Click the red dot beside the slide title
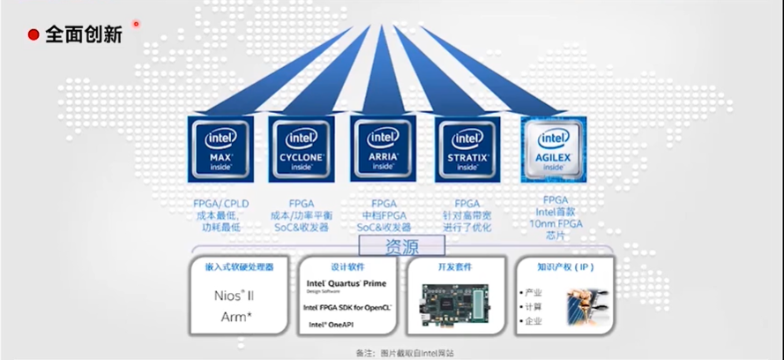tap(34, 34)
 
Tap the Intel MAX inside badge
tap(220, 147)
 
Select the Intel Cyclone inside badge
tap(302, 147)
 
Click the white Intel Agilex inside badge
tap(554, 147)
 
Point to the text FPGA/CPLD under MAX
tap(220, 204)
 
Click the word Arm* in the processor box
tap(232, 316)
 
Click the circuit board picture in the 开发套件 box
tap(455, 300)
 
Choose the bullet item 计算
tap(534, 306)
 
